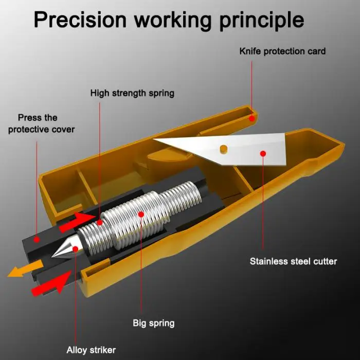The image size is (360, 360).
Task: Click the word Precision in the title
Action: (x=80, y=20)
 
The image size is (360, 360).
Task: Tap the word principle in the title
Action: (x=262, y=21)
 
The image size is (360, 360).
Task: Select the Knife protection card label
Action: (x=283, y=51)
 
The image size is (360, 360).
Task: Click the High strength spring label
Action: (x=132, y=93)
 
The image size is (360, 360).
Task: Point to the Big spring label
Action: (x=154, y=323)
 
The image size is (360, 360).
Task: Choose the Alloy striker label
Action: (x=91, y=350)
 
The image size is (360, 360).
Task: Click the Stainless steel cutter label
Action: (x=294, y=261)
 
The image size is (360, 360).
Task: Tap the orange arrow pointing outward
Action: (x=25, y=268)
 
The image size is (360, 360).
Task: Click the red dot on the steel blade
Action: (x=263, y=154)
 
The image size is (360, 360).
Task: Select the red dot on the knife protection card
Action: (x=252, y=118)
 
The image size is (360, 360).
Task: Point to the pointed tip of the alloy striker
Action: (x=52, y=257)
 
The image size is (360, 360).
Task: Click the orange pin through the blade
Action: (x=223, y=149)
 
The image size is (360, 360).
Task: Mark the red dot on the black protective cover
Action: (x=37, y=240)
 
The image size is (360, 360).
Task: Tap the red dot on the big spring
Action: (x=141, y=214)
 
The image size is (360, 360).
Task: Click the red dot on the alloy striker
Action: (x=75, y=249)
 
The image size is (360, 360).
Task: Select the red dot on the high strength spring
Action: (x=100, y=223)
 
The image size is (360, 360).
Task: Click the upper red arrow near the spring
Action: (x=77, y=222)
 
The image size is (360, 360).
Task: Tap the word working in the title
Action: (x=173, y=21)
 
